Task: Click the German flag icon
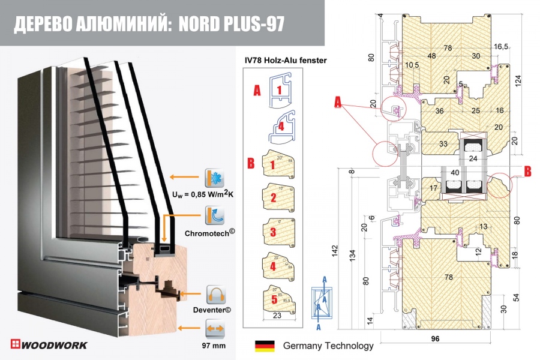265,346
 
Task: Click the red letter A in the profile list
257,91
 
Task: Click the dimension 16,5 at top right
501,47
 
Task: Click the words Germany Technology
328,346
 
